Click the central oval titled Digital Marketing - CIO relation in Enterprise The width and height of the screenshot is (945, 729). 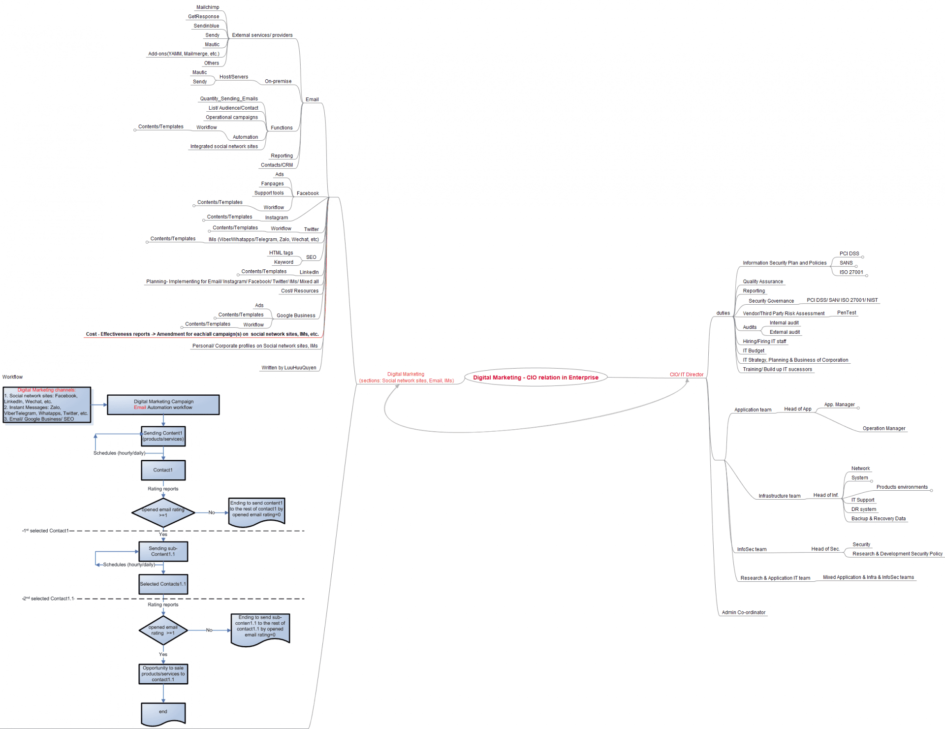[535, 378]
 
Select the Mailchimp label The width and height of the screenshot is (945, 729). [208, 7]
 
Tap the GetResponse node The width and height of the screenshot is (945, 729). [203, 17]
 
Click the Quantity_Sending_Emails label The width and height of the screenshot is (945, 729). [229, 99]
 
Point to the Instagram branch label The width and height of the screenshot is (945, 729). [276, 218]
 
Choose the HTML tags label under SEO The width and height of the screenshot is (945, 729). [281, 253]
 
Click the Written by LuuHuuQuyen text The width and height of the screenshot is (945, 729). [289, 368]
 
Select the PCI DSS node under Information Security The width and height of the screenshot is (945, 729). [849, 254]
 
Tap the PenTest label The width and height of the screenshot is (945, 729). [847, 313]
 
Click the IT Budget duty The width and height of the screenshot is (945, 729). [754, 351]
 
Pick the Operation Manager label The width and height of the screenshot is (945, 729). [883, 429]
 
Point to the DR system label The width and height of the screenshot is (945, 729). [864, 509]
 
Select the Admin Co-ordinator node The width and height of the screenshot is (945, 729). [743, 613]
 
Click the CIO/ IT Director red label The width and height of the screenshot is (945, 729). [686, 375]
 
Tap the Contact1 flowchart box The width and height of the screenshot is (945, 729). [163, 470]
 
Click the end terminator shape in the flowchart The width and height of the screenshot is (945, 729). [163, 713]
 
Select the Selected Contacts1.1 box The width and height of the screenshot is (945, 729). [163, 584]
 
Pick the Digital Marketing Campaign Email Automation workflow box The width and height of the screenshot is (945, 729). [163, 405]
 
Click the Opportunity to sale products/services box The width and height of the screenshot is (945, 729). [163, 674]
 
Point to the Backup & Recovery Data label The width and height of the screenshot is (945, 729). [878, 519]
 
